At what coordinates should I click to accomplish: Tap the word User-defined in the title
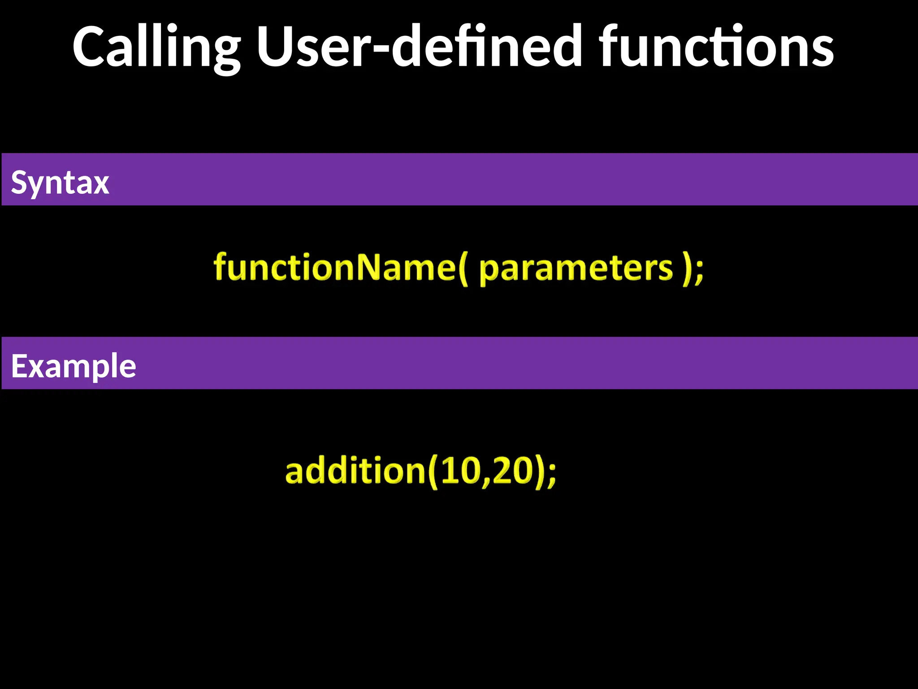coord(419,47)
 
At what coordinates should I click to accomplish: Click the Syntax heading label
coord(60,183)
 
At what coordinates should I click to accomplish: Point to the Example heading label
coord(74,366)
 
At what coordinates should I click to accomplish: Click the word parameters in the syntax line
coord(576,269)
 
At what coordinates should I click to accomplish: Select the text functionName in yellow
coord(334,267)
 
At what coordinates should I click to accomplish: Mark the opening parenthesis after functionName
coord(463,269)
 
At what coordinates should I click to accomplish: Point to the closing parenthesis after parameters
coord(685,269)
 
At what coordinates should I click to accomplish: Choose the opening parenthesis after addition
coord(432,472)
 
